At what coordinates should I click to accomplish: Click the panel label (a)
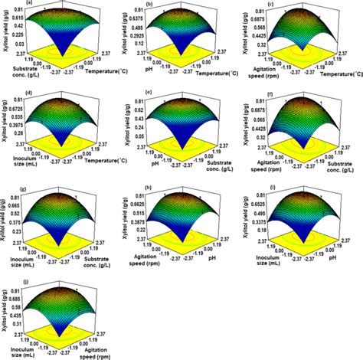pos(8,4)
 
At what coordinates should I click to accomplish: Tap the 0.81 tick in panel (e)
pos(138,100)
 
